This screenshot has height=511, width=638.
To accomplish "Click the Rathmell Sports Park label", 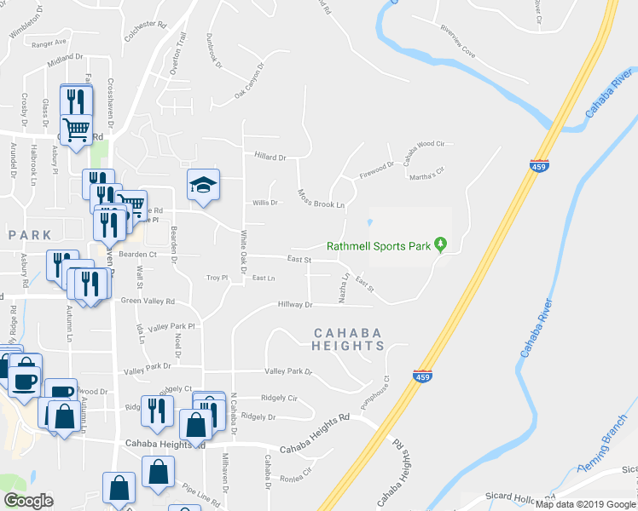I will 377,247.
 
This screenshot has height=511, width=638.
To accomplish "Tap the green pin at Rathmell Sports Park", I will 440,244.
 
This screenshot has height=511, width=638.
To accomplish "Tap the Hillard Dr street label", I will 270,157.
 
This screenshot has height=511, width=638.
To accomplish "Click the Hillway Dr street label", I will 296,304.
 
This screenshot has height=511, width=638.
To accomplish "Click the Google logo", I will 28,500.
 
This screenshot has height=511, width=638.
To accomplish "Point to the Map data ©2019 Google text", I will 586,504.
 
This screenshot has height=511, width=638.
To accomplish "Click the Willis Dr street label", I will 264,203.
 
